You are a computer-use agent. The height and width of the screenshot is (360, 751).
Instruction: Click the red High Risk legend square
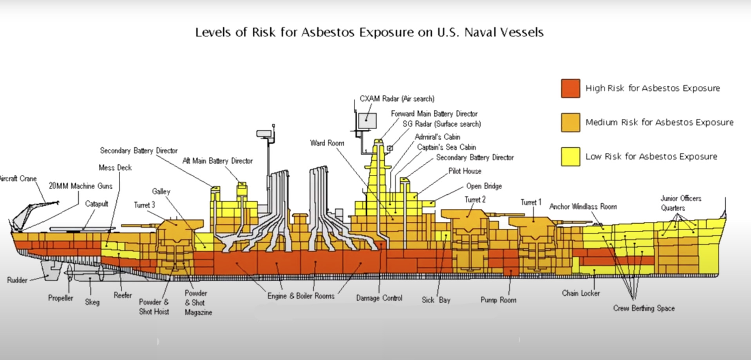coord(570,88)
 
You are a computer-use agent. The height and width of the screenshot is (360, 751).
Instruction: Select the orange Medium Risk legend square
coord(570,122)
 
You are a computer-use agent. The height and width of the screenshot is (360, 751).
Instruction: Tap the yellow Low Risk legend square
coord(570,156)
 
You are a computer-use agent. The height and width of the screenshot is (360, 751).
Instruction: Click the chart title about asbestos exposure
coord(369,32)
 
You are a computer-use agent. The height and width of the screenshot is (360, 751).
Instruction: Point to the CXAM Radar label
coord(396,99)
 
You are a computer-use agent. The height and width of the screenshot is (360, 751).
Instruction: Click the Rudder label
coord(17,280)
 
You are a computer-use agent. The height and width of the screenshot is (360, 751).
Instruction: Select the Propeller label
coord(60,298)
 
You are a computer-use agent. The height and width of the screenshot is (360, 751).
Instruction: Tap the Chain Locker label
coord(581,293)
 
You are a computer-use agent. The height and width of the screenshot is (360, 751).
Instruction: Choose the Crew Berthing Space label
coord(644,308)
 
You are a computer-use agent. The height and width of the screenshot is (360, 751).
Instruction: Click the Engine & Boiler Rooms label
coord(300,296)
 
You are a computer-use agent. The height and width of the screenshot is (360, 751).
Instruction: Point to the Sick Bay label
coord(436,300)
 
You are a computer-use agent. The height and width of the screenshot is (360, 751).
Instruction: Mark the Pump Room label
coord(498,300)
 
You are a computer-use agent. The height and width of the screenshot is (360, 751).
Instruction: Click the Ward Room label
coord(327,143)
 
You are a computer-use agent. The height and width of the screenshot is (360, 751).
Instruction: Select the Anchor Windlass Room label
coord(583,206)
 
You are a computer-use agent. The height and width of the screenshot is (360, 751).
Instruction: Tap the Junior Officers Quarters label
coord(680,203)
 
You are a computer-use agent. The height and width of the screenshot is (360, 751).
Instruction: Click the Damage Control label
coord(379,298)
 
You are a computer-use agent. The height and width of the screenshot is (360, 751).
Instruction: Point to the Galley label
coord(161,191)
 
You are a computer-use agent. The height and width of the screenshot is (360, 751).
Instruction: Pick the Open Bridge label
coord(483,186)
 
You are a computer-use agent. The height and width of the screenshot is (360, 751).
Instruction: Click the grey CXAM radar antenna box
coord(367,120)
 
